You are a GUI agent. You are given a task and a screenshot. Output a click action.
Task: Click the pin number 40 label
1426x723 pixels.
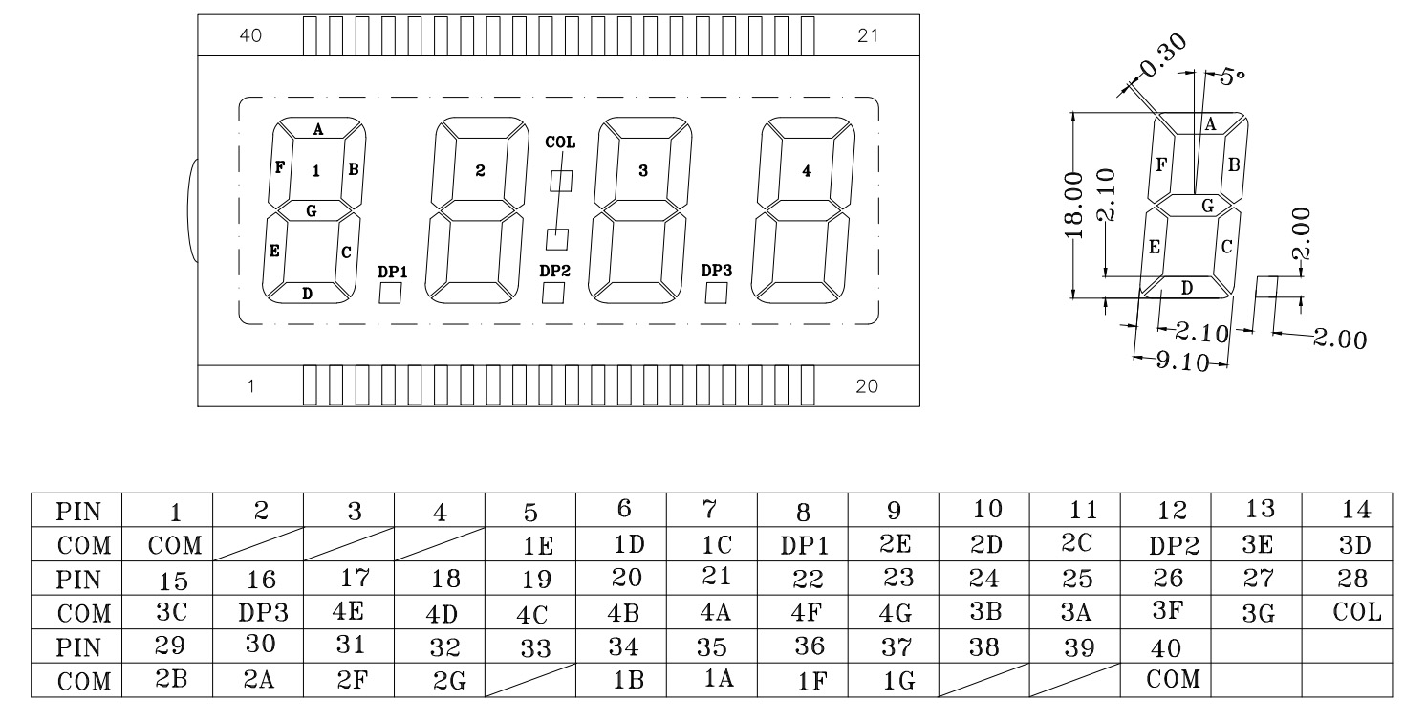250,35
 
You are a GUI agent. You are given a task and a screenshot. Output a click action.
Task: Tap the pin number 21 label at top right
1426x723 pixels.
868,35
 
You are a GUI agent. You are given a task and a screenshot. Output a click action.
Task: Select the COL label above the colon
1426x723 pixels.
560,142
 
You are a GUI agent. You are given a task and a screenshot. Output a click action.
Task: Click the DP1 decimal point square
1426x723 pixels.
390,293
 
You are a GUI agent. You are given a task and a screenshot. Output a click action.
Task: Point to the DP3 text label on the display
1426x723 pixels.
716,271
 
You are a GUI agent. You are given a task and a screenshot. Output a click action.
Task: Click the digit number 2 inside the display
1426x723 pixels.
480,170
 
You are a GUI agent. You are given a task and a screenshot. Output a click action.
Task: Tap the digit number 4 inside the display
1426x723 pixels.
807,171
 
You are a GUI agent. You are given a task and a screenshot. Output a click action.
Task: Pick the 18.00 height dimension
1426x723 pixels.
1073,205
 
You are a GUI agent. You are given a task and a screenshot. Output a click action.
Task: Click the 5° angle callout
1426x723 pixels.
1233,77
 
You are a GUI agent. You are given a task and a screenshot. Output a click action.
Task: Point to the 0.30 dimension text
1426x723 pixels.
1162,55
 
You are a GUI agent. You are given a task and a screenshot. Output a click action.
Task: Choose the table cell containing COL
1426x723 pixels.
1356,613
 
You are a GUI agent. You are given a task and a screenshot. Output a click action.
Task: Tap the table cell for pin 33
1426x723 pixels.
535,647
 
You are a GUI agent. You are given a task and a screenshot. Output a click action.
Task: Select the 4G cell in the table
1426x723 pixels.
895,613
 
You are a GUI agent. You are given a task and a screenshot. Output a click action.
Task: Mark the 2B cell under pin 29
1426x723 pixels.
171,679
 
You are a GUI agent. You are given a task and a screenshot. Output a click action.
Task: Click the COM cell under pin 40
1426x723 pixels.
1173,680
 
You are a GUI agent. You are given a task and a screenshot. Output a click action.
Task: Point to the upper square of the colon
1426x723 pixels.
561,181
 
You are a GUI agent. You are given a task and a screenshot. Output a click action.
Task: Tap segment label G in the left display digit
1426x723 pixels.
312,210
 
